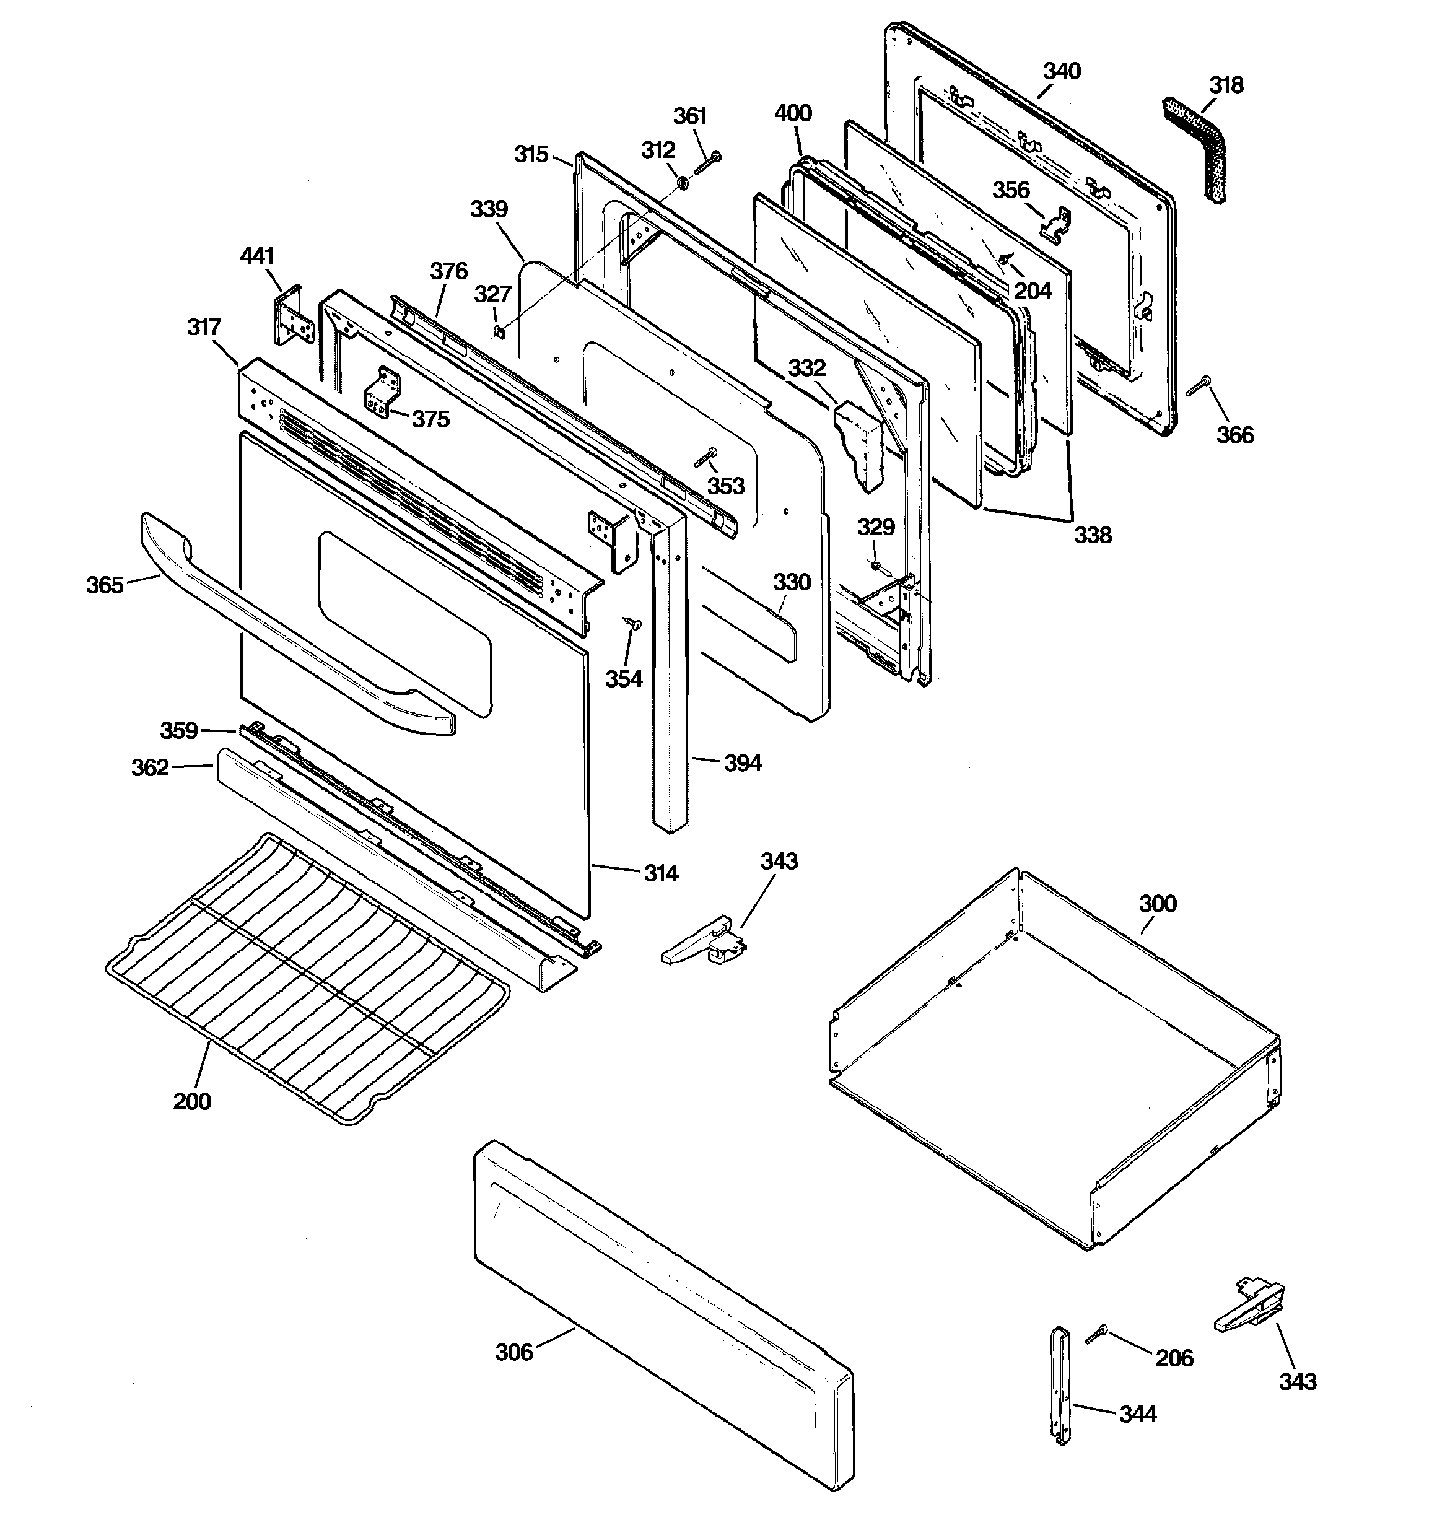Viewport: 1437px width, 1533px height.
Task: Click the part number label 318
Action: [1226, 85]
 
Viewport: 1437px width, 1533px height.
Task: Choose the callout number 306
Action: [513, 1352]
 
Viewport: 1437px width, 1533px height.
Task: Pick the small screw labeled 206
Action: [1095, 1334]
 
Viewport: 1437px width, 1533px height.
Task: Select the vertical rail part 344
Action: [1062, 1384]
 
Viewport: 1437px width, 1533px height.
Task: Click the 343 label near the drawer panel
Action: [1298, 1381]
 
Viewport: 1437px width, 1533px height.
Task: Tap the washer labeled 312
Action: [683, 183]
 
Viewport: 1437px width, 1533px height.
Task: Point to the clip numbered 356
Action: [1055, 224]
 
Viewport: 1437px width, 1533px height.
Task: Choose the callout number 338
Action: [1092, 535]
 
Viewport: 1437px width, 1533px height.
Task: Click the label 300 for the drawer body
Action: [1157, 903]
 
